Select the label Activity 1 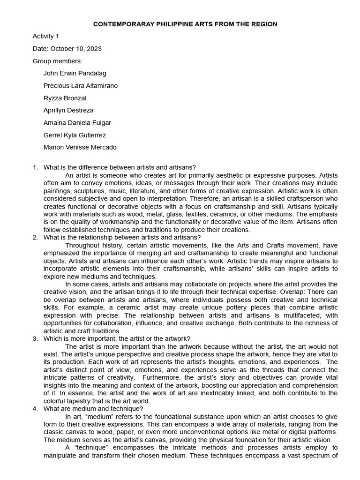(x=46, y=36)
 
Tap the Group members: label (x=57, y=61)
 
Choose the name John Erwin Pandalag (x=75, y=73)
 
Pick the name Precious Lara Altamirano (x=81, y=85)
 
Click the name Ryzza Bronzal (x=65, y=98)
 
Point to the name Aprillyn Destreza (x=68, y=110)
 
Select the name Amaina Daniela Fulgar (x=77, y=123)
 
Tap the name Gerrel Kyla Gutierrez (x=75, y=135)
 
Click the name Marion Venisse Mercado (x=80, y=147)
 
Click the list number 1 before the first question (x=35, y=168)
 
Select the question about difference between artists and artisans (x=120, y=168)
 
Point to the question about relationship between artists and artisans (x=122, y=237)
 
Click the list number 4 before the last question (x=35, y=409)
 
